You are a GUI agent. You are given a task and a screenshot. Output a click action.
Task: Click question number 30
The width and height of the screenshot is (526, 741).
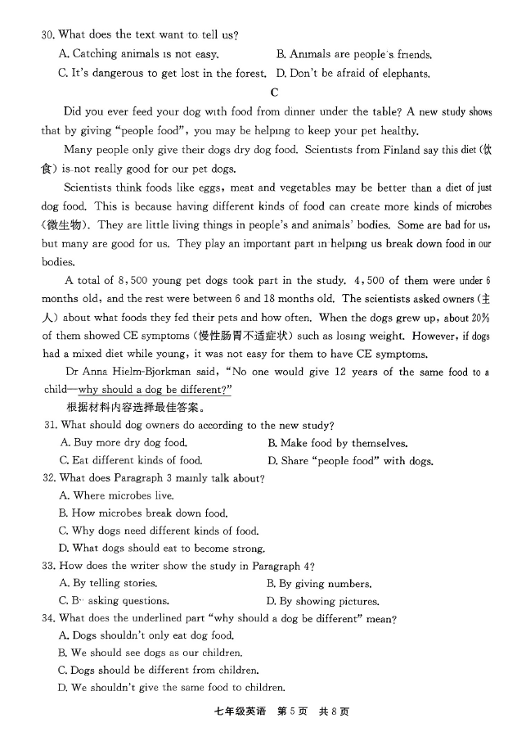(x=47, y=34)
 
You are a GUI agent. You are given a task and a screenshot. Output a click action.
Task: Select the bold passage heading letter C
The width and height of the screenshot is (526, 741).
(x=274, y=93)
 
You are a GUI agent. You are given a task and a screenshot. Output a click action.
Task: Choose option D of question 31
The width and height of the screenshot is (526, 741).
(x=350, y=461)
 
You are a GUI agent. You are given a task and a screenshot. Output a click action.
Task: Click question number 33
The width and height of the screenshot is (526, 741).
(x=47, y=566)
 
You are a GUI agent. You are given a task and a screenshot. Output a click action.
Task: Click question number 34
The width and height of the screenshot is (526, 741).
(x=47, y=619)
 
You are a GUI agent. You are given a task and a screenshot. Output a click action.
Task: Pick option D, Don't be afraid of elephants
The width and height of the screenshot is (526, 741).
(x=353, y=74)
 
